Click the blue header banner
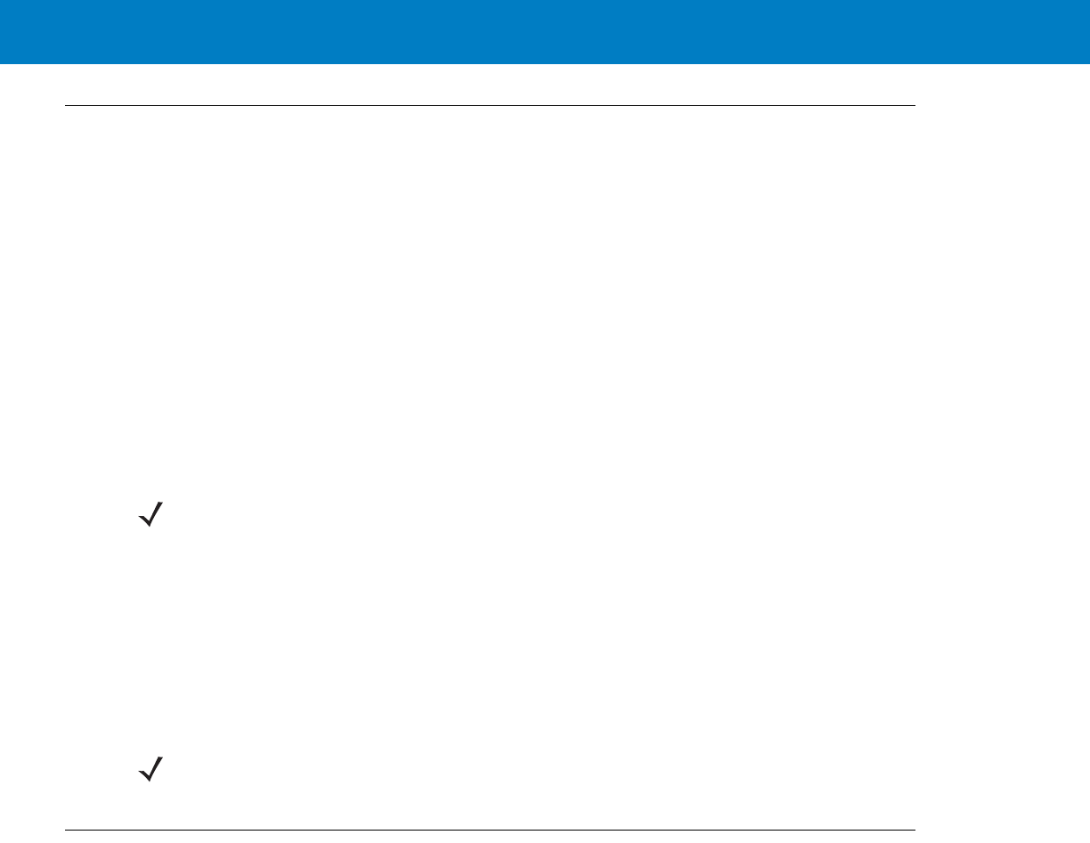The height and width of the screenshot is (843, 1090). tap(545, 32)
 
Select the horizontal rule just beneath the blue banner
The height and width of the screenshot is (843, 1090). tap(490, 107)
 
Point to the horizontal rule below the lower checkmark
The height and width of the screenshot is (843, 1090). tap(490, 831)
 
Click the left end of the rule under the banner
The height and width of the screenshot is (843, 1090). tap(65, 107)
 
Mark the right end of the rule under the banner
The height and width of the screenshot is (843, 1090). tap(915, 107)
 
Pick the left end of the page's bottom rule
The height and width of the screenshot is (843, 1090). tap(65, 831)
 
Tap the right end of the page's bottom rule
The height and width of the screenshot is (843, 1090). tap(915, 831)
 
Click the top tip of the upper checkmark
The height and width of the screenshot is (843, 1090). tap(166, 504)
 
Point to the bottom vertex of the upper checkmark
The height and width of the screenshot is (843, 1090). tap(150, 527)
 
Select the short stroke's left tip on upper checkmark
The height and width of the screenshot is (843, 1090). tap(139, 516)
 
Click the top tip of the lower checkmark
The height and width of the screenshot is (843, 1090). tap(166, 758)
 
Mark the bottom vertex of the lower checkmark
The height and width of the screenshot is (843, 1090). tap(150, 781)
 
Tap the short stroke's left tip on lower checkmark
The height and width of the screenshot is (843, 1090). tap(139, 770)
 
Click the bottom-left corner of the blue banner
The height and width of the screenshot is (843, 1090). tap(0, 63)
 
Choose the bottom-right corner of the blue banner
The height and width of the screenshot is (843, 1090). tap(1089, 63)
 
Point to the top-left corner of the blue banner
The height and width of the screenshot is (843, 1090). tap(0, 0)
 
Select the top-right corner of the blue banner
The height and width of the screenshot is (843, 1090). tap(1089, 0)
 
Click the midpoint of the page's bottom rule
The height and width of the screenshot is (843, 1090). tap(490, 831)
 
